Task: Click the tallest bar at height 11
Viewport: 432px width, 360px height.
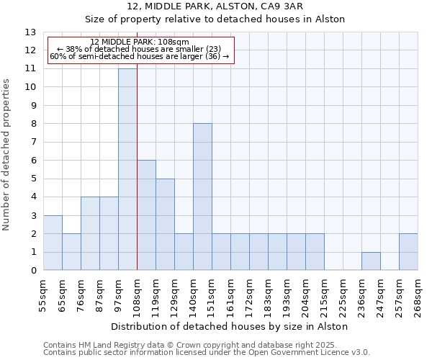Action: [127, 169]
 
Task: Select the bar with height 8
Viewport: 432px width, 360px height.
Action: [202, 197]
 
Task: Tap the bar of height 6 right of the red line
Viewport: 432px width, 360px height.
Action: [146, 215]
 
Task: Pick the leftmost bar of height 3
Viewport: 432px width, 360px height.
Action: [53, 243]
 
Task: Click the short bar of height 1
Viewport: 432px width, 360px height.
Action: [371, 261]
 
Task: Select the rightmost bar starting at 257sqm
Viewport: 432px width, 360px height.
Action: [408, 252]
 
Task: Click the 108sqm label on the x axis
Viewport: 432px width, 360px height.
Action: [137, 294]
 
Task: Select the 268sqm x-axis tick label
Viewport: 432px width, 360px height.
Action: [418, 294]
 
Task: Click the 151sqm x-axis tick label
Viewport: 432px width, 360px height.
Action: [212, 294]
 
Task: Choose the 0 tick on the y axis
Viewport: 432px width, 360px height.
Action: [33, 271]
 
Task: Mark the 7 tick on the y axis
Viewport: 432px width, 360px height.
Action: [33, 142]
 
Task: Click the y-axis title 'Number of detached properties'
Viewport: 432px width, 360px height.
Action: [6, 155]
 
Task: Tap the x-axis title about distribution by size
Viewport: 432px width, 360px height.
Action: [230, 326]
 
